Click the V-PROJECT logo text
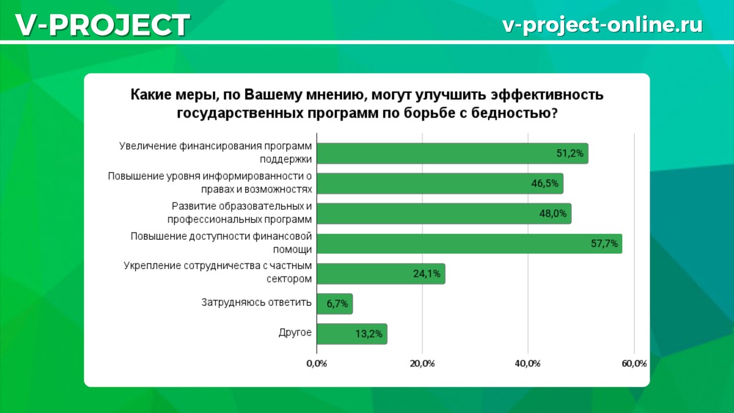coord(103,25)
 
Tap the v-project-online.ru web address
coord(602,25)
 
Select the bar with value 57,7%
coord(469,244)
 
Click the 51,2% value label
coord(570,154)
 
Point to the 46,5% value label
coord(544,184)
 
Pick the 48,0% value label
coord(553,214)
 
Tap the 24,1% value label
coord(427,273)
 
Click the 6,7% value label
coord(337,304)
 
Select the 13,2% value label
coord(369,334)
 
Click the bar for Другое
coord(352,334)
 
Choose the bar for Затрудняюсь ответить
coord(335,304)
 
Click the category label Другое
coord(295,333)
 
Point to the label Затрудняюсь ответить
coord(256,302)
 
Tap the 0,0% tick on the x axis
coord(317,363)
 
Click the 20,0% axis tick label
coord(422,363)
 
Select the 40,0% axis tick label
coord(527,363)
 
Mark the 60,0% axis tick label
coord(634,363)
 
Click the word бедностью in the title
coord(514,113)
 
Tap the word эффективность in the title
coord(547,95)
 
